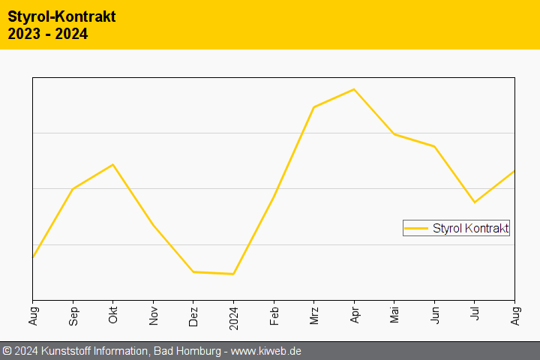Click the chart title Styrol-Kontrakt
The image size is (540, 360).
[61, 16]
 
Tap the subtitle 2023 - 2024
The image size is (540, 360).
[48, 34]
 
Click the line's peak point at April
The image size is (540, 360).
[354, 89]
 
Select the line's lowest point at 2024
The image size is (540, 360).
[233, 274]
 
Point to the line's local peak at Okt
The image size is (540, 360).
[112, 164]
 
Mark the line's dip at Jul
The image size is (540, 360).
[474, 202]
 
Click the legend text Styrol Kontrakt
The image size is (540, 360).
[470, 228]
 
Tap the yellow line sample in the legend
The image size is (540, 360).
[416, 228]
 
